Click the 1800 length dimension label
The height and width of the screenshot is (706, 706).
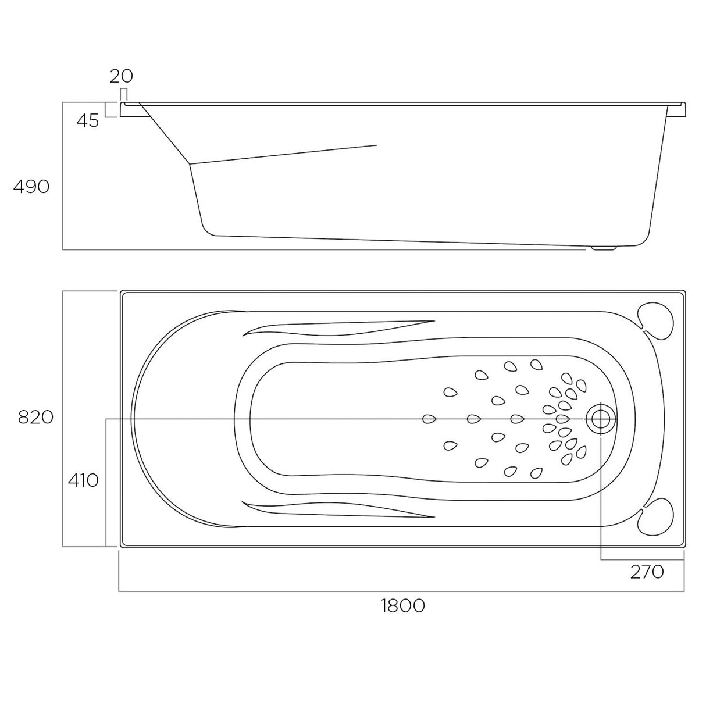[x=402, y=605]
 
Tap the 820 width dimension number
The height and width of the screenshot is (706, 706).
[x=35, y=417]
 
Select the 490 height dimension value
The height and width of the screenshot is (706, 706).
[x=31, y=187]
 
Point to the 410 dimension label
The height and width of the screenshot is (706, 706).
[x=83, y=480]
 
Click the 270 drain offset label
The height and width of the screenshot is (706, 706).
[x=647, y=572]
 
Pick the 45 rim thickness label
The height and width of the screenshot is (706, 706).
[x=88, y=120]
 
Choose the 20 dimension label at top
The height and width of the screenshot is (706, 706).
[x=122, y=76]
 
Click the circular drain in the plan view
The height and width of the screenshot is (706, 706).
[x=601, y=419]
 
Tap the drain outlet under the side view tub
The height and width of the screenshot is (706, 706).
[x=604, y=248]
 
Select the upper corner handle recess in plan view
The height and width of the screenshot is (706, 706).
[x=656, y=321]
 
